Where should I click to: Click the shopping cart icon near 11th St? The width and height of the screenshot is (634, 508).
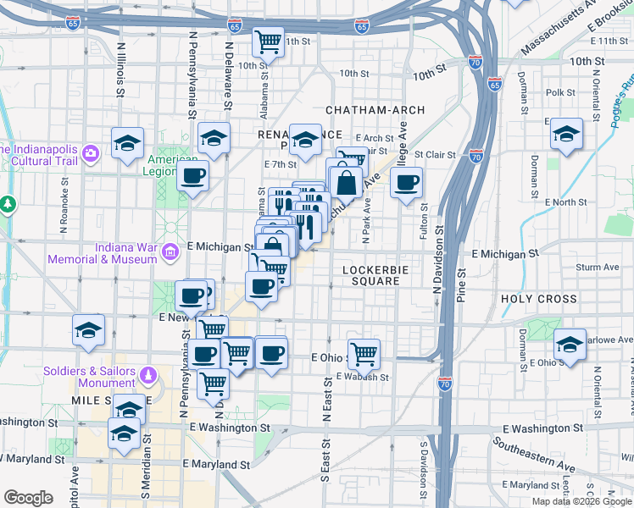tap(268, 40)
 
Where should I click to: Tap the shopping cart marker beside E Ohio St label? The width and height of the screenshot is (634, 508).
tap(364, 352)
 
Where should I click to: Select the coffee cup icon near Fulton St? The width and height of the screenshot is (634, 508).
tap(407, 181)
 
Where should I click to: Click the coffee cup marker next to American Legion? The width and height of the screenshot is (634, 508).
tap(193, 176)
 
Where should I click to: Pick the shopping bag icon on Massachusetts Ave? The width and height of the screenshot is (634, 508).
tap(347, 181)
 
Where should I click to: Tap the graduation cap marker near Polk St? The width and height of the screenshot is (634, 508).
tap(566, 134)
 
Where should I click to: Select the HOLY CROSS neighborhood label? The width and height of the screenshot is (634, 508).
tap(539, 299)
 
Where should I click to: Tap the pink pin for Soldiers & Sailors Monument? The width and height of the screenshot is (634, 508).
tap(148, 374)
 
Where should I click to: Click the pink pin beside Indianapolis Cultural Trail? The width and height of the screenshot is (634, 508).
tap(92, 152)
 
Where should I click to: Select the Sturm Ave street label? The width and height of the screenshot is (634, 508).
tap(598, 268)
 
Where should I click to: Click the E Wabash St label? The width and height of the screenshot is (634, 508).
tap(361, 378)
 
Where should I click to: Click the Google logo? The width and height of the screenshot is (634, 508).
tap(28, 498)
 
